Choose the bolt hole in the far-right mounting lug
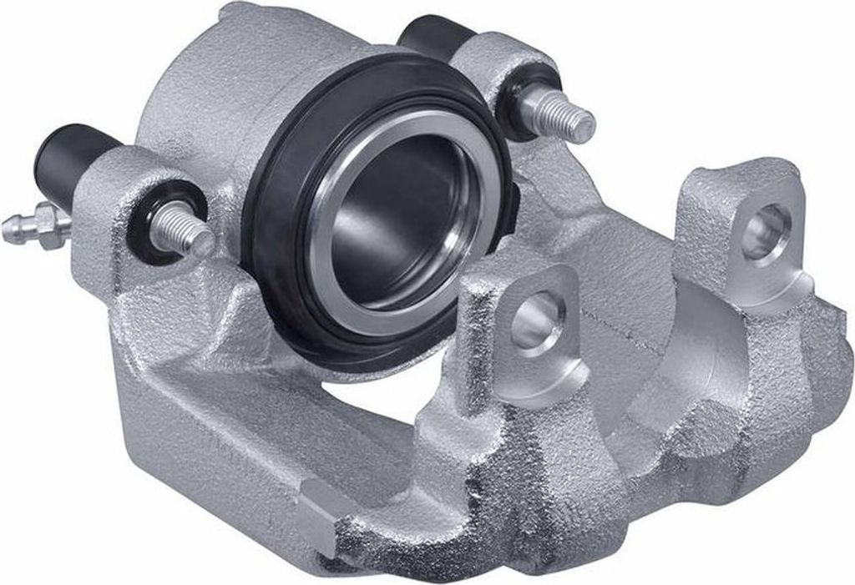click(765, 229)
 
